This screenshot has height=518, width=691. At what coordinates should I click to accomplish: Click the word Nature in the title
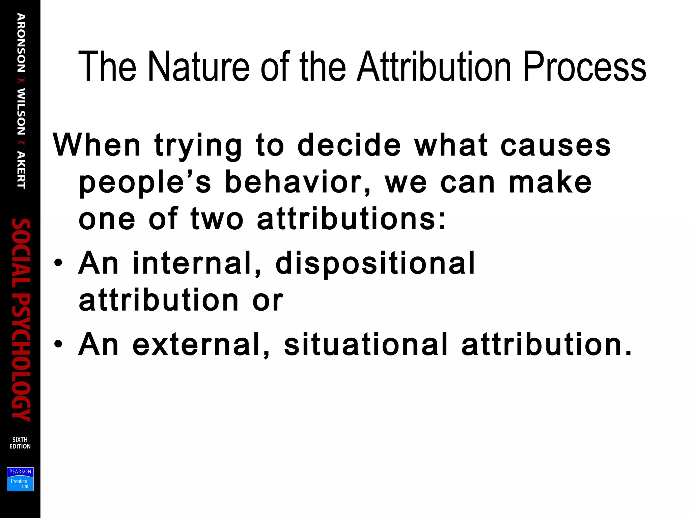click(x=199, y=66)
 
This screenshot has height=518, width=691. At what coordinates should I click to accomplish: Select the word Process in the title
click(x=584, y=66)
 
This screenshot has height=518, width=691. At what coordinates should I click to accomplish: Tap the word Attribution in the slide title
click(x=434, y=66)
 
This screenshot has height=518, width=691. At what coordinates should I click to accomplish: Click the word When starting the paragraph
click(x=96, y=145)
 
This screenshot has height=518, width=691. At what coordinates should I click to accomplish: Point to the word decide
click(x=349, y=145)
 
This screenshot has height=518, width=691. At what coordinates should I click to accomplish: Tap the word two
click(x=217, y=219)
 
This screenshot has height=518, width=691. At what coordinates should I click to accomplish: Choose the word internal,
click(x=197, y=263)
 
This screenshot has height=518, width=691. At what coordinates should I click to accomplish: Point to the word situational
click(x=366, y=345)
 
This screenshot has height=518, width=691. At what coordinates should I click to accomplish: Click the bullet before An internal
click(x=58, y=263)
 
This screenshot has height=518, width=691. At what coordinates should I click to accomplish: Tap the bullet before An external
click(x=58, y=344)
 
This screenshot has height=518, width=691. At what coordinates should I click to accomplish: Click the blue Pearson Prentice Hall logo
click(x=20, y=479)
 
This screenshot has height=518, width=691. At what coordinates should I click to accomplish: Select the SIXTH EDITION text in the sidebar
click(x=20, y=443)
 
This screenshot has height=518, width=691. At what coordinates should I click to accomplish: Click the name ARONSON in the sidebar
click(x=21, y=43)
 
